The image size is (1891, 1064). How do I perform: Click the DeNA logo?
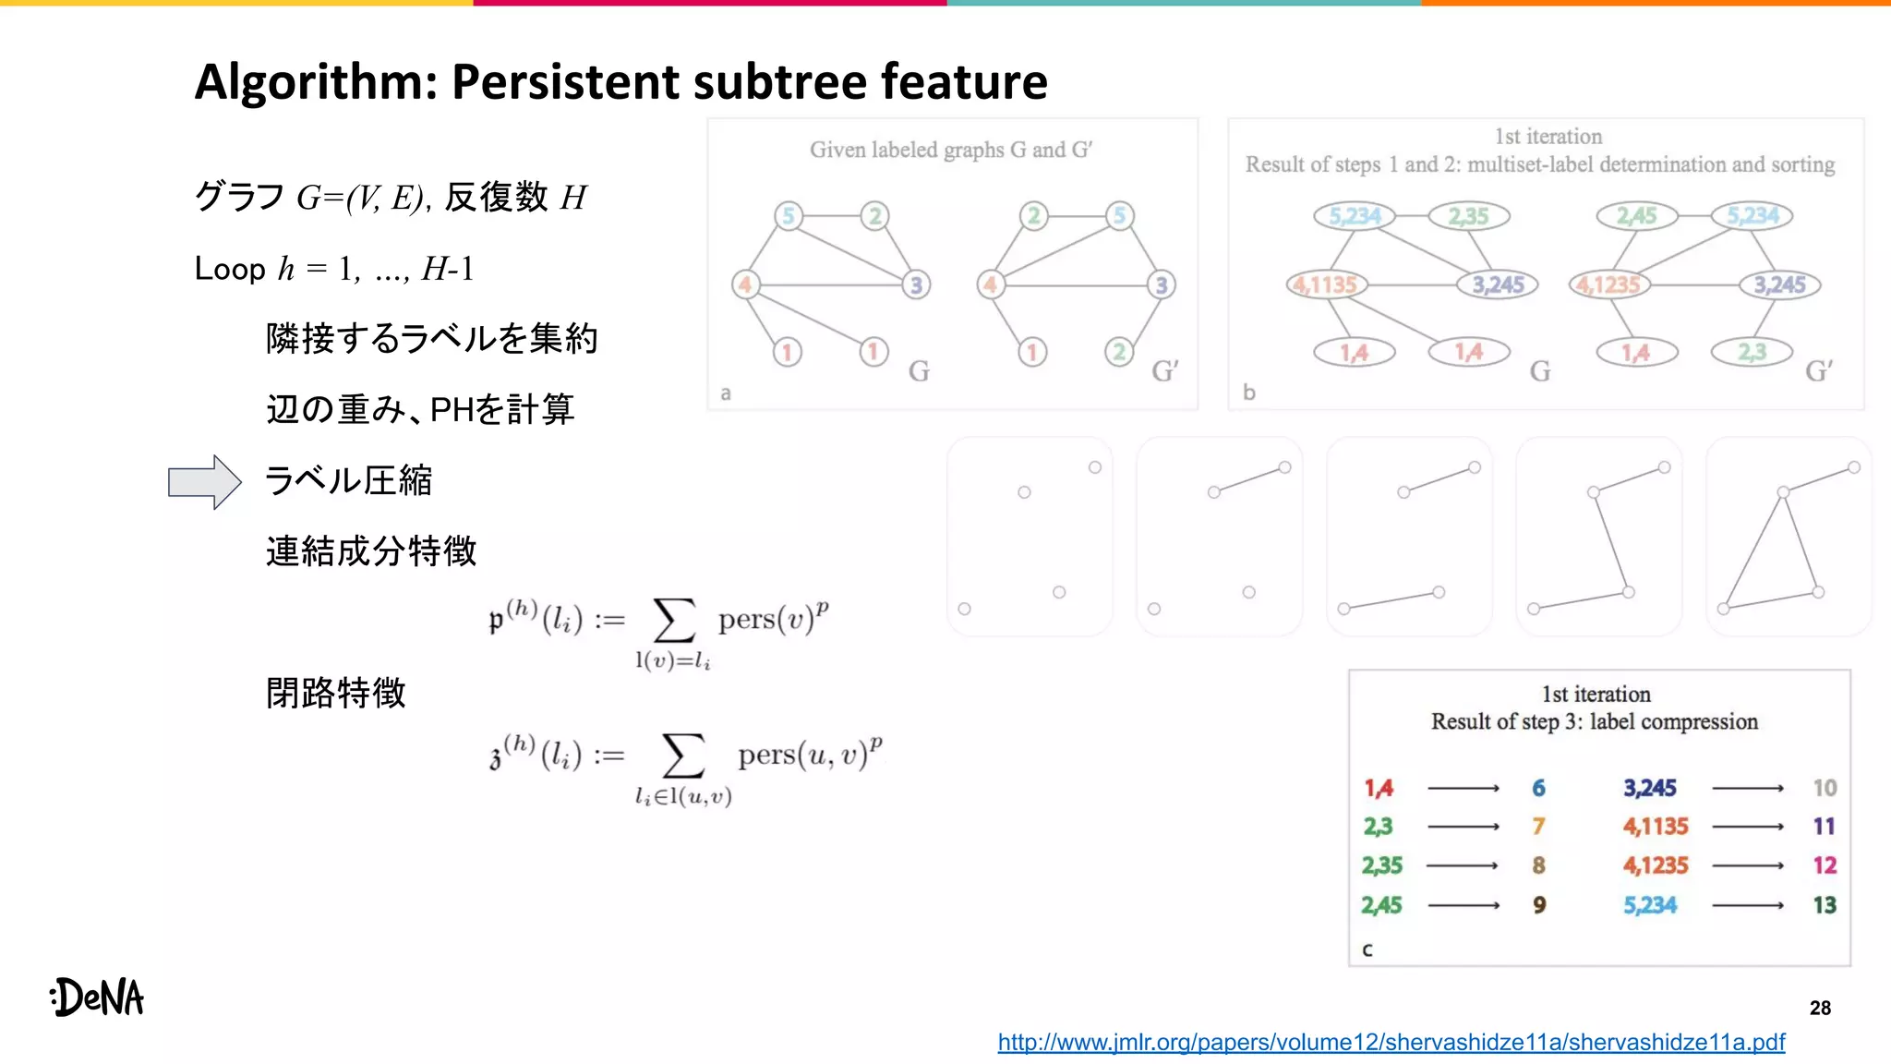pyautogui.click(x=98, y=997)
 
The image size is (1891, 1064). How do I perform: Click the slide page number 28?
pyautogui.click(x=1820, y=1008)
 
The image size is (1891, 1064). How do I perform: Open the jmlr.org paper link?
pyautogui.click(x=1391, y=1042)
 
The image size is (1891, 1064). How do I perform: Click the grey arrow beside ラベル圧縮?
pyautogui.click(x=204, y=481)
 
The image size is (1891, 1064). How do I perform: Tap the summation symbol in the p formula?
pyautogui.click(x=673, y=620)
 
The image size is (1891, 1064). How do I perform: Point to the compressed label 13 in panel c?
pyautogui.click(x=1824, y=905)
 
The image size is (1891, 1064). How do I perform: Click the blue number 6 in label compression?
pyautogui.click(x=1538, y=788)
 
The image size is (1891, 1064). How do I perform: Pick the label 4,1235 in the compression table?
pyautogui.click(x=1656, y=865)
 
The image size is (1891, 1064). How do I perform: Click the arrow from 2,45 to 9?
pyautogui.click(x=1463, y=905)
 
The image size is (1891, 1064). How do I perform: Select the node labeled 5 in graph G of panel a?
pyautogui.click(x=789, y=216)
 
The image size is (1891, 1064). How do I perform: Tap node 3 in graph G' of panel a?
pyautogui.click(x=1162, y=284)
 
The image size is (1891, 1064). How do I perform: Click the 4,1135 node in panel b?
pyautogui.click(x=1326, y=284)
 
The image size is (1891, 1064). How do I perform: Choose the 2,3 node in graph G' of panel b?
pyautogui.click(x=1752, y=352)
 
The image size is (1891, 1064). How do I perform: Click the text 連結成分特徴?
pyautogui.click(x=371, y=551)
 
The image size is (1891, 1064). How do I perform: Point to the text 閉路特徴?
pyautogui.click(x=336, y=693)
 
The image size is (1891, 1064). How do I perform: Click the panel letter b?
pyautogui.click(x=1249, y=393)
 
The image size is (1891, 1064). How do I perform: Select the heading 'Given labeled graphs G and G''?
pyautogui.click(x=951, y=150)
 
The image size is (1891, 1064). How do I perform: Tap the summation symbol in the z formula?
pyautogui.click(x=682, y=756)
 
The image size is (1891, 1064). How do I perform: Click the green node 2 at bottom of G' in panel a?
pyautogui.click(x=1119, y=352)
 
